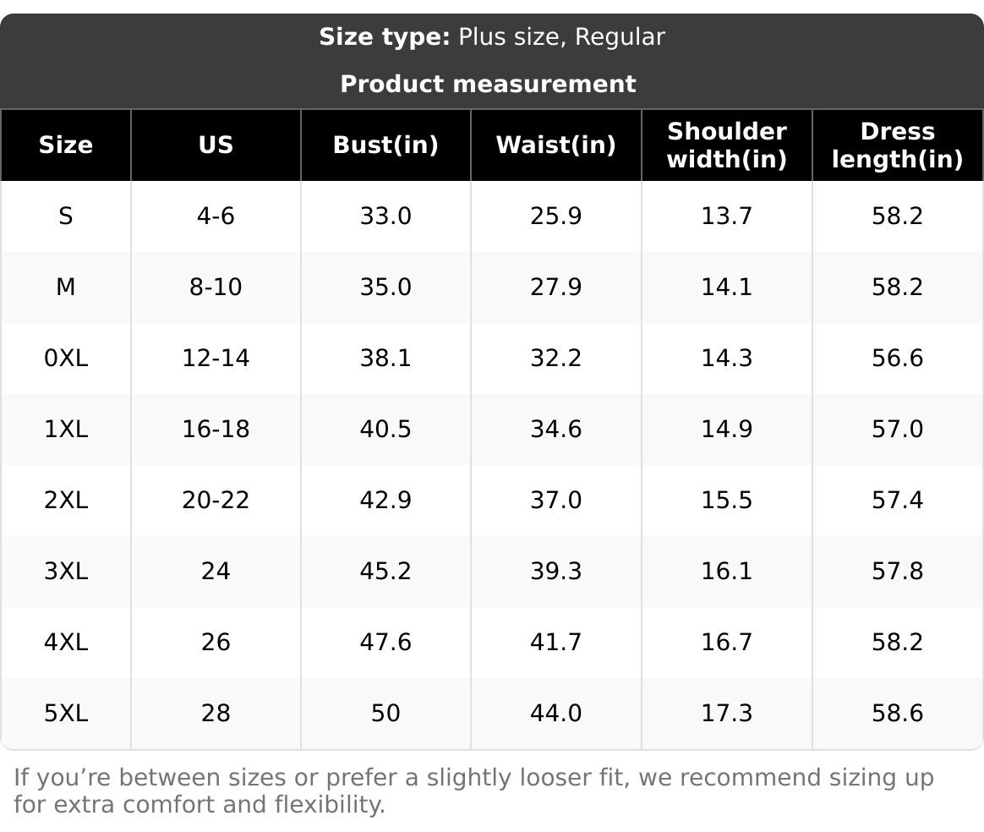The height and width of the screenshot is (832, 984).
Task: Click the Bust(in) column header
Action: click(x=385, y=145)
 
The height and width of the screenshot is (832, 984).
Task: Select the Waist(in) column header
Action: click(x=555, y=145)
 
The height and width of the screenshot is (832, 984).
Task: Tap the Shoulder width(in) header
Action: click(x=726, y=145)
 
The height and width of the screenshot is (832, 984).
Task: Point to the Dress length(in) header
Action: click(x=897, y=145)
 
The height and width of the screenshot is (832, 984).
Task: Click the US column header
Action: click(x=216, y=145)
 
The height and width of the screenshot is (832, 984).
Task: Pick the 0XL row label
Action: click(x=65, y=358)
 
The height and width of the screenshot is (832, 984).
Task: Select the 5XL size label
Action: click(x=65, y=713)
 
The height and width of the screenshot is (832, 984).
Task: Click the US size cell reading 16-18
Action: click(x=216, y=429)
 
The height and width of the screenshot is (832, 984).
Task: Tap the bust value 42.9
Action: click(x=385, y=500)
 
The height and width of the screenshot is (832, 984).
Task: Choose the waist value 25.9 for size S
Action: click(x=555, y=216)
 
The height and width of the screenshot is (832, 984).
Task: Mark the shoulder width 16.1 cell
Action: click(x=726, y=571)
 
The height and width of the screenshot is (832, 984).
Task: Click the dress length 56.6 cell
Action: click(x=897, y=358)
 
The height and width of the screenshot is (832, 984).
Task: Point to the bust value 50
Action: click(x=385, y=713)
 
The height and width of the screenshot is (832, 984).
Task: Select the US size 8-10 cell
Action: click(x=216, y=287)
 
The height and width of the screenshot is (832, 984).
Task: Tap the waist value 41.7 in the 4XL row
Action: click(x=555, y=642)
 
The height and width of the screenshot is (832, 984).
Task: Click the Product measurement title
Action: click(x=488, y=84)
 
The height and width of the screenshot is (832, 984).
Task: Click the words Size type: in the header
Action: click(x=385, y=37)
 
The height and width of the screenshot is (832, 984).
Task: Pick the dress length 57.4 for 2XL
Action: click(x=897, y=500)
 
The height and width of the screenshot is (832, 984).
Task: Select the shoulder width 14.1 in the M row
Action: click(x=726, y=287)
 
